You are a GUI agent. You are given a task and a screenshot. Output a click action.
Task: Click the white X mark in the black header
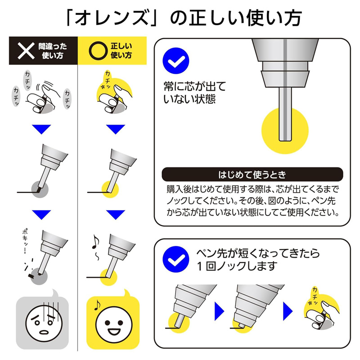(x=26, y=51)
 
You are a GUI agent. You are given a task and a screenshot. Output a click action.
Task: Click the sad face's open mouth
(x=44, y=332)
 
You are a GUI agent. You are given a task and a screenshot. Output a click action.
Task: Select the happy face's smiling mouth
(x=114, y=331)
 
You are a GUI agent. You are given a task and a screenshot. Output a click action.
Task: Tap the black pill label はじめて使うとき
(x=252, y=175)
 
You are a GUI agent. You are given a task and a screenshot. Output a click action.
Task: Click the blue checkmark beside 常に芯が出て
(x=175, y=61)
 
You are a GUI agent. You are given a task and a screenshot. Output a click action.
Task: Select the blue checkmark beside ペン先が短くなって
(x=175, y=260)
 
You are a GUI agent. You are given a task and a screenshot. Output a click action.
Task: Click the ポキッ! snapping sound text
(x=25, y=241)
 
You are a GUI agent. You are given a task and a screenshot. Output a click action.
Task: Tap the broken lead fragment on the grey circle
(x=31, y=275)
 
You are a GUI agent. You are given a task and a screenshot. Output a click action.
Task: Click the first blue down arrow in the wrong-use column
(x=41, y=129)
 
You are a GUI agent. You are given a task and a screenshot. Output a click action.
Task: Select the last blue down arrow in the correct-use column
(x=116, y=215)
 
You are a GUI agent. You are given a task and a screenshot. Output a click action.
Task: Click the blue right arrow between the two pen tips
(x=219, y=311)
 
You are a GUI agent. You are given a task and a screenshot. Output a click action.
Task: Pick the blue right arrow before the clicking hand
(x=288, y=311)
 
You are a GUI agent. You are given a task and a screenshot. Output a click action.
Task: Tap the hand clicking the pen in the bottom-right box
(x=323, y=315)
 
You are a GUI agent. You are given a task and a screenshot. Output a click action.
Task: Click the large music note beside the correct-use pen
(x=95, y=242)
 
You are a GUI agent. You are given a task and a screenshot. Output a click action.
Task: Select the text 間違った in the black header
(x=53, y=46)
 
